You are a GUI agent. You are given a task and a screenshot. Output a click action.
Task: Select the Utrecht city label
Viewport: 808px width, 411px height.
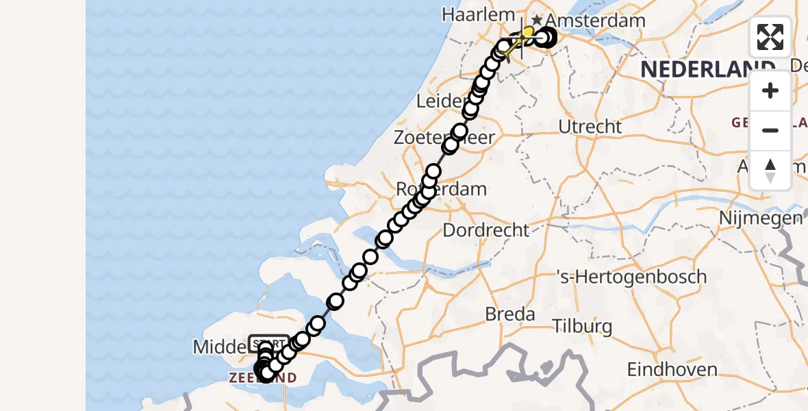coord(590,127)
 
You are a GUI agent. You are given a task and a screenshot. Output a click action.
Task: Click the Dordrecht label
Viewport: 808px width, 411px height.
coord(486,230)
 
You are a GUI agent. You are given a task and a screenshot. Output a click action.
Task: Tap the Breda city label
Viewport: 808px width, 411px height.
coord(510,314)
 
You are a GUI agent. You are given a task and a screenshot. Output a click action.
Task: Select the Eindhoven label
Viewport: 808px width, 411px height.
coord(672,370)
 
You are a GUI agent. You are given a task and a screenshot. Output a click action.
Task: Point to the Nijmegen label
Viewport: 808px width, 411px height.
coord(760,219)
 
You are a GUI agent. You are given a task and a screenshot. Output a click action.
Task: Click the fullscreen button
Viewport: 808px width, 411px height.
coord(770,37)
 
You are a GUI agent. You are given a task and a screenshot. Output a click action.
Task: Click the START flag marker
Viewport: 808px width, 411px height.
coord(269,342)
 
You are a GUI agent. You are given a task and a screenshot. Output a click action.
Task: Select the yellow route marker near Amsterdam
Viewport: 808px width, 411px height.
coord(528,32)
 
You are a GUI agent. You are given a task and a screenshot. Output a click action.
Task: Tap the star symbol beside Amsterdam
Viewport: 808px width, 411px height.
coord(538,20)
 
